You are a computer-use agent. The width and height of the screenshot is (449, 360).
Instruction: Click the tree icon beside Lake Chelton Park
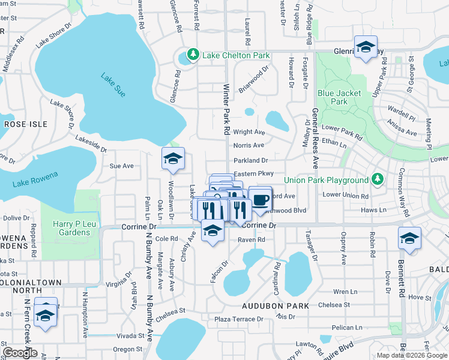point(193,55)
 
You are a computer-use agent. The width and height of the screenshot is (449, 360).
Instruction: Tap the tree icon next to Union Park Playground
point(377,179)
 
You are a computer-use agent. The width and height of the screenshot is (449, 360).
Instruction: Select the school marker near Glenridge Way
point(365,48)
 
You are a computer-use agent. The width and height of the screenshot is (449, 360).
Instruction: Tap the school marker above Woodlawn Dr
point(173,159)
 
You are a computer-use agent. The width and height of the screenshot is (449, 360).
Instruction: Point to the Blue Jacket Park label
point(340,97)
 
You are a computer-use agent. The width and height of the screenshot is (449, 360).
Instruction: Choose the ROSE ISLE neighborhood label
point(21,124)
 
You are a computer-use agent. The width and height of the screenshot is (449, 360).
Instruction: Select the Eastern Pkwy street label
point(255,173)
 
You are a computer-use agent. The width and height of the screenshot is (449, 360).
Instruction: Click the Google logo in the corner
point(20,353)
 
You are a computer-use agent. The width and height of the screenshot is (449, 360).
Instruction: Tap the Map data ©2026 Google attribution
point(412,355)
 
